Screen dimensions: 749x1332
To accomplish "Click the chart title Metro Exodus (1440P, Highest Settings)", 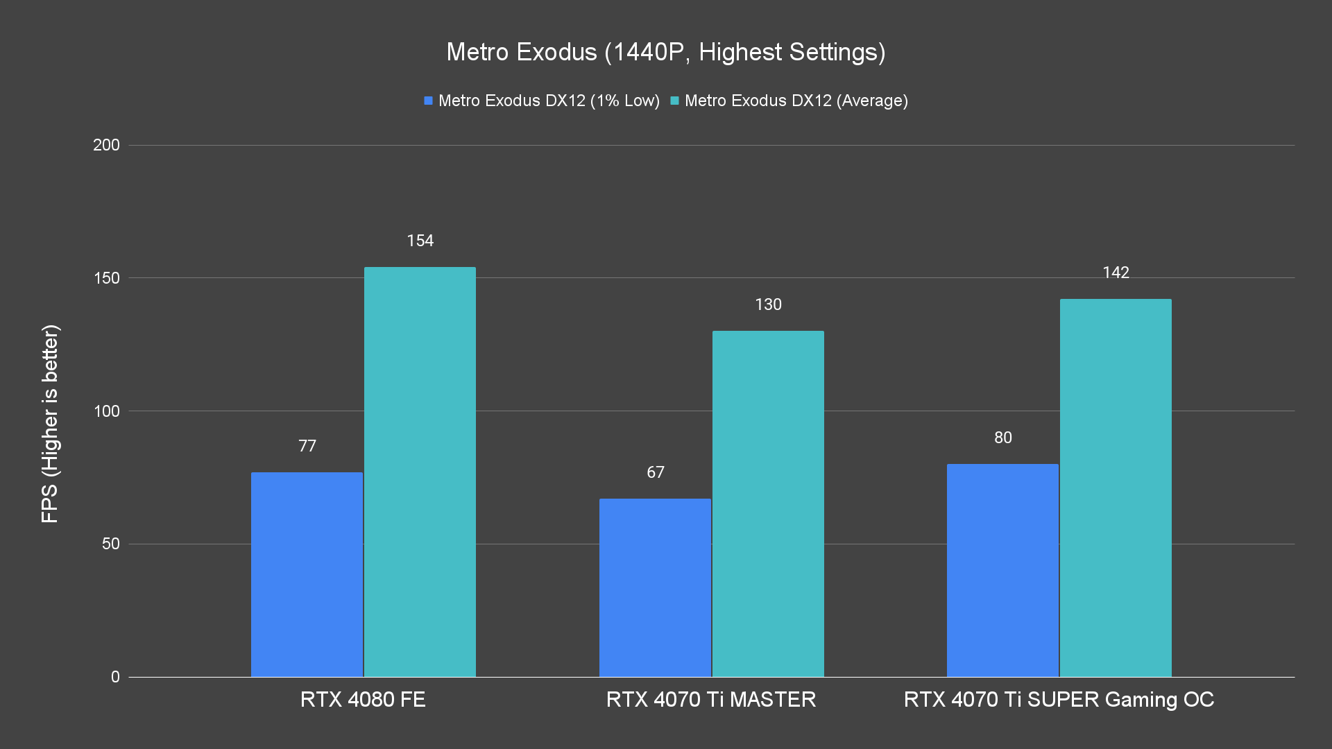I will [665, 52].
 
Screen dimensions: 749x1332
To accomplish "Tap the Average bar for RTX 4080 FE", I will [420, 472].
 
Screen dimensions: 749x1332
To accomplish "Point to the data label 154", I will [420, 241].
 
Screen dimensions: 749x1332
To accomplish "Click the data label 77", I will [307, 446].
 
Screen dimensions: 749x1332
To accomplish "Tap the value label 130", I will [768, 304].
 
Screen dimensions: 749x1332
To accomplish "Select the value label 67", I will [656, 472].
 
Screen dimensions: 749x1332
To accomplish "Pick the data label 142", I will [1116, 273].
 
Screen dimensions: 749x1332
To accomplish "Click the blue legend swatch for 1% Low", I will [429, 101].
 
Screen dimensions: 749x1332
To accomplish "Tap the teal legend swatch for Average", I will [674, 101].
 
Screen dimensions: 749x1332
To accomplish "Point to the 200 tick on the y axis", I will [106, 145].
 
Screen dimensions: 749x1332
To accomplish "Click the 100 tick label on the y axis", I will [106, 411].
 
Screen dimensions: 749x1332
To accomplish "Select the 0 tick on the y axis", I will [115, 677].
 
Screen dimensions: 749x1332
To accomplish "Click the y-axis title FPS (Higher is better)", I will [50, 423].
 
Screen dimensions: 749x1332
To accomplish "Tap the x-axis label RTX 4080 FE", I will [363, 699].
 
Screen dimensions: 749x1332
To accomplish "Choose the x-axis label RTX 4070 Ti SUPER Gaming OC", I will [1059, 699].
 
